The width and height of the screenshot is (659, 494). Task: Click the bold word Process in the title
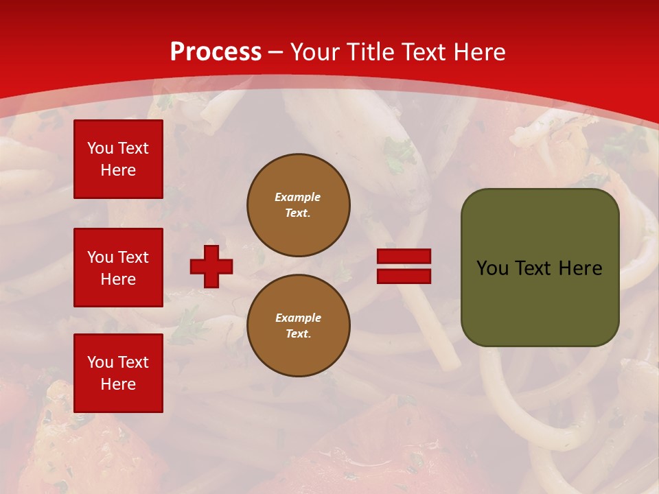click(216, 52)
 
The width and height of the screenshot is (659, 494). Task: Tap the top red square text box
click(118, 159)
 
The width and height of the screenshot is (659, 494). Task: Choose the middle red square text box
click(118, 268)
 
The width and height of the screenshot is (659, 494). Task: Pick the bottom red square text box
click(118, 373)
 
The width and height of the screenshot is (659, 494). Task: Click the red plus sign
click(211, 266)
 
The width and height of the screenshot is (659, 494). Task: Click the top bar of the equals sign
click(404, 257)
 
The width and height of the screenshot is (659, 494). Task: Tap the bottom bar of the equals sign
click(404, 276)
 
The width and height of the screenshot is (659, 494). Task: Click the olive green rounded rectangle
click(540, 302)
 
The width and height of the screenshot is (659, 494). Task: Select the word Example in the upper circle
click(298, 197)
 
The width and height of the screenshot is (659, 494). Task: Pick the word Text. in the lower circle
click(298, 333)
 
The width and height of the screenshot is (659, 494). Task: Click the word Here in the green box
click(580, 268)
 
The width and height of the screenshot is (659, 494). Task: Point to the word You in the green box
click(492, 268)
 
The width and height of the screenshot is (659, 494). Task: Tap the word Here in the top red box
click(118, 170)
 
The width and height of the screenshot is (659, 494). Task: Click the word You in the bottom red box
click(100, 362)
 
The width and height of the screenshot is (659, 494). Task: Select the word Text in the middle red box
click(132, 257)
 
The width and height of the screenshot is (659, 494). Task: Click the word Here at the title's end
click(478, 52)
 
